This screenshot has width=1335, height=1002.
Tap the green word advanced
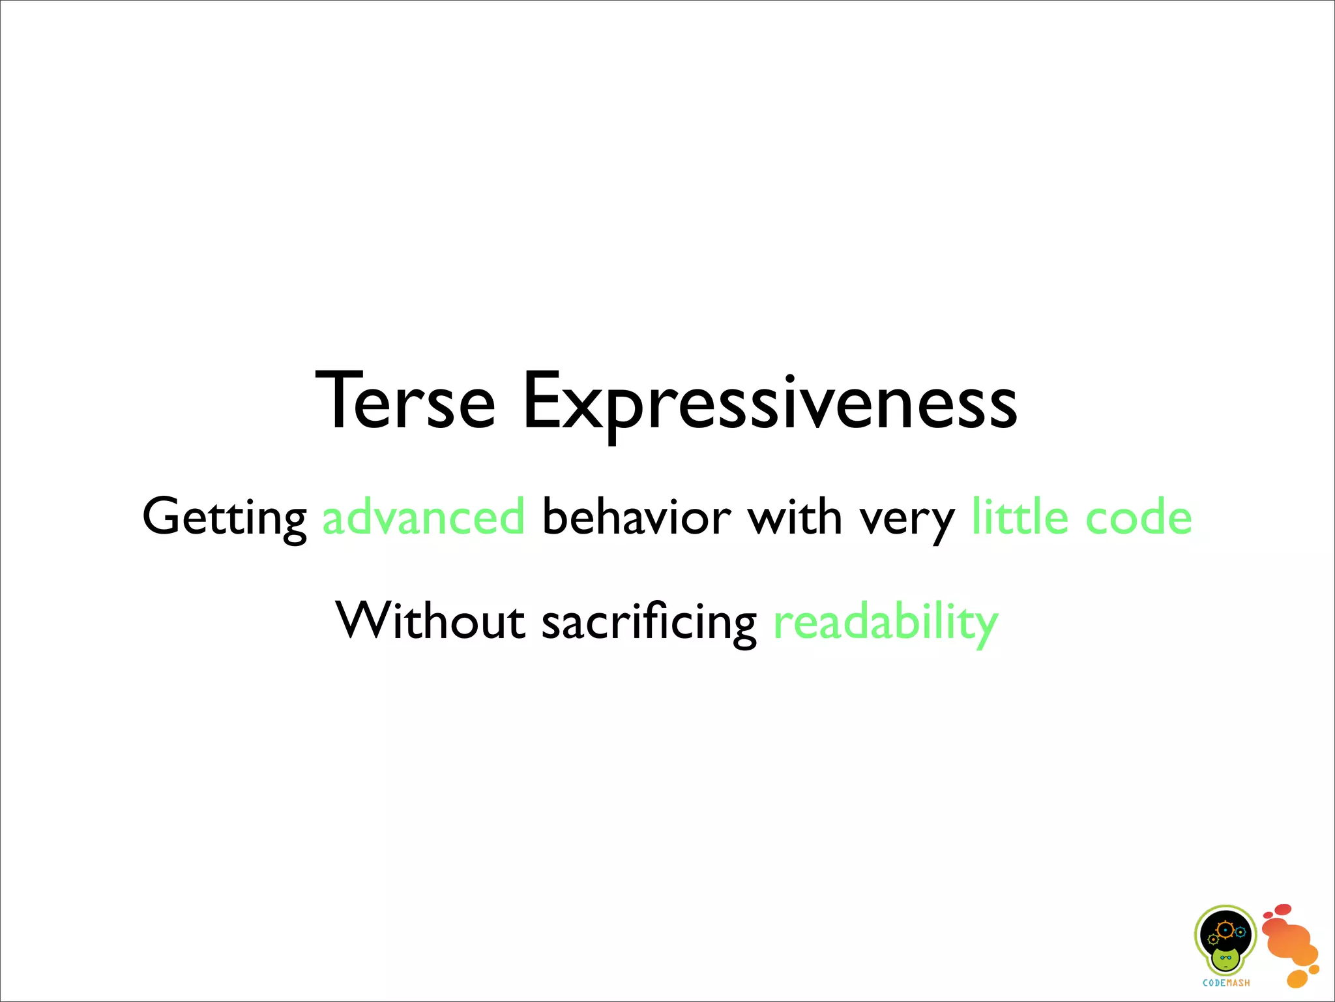[x=424, y=517]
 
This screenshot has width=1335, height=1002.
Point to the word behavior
[x=637, y=517]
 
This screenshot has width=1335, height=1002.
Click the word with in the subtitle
[x=795, y=517]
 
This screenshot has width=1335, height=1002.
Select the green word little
[x=1020, y=517]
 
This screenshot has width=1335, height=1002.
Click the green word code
[x=1139, y=517]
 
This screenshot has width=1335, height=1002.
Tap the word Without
[x=430, y=620]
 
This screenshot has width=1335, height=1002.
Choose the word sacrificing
[x=649, y=622]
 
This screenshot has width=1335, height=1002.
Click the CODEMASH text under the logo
[x=1226, y=983]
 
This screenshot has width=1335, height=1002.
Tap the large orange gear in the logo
[x=1225, y=930]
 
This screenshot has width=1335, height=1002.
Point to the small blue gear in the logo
[x=1240, y=932]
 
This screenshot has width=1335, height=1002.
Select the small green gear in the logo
[x=1213, y=939]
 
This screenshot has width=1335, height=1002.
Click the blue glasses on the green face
[x=1226, y=958]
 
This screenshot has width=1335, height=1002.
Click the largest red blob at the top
[x=1283, y=909]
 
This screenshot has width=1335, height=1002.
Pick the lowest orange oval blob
[x=1297, y=979]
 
